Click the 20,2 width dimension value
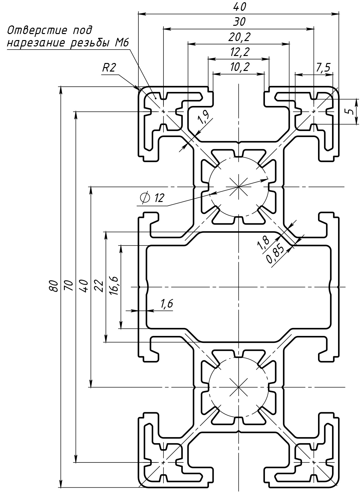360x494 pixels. pyautogui.click(x=239, y=38)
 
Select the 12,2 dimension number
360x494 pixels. pyautogui.click(x=239, y=52)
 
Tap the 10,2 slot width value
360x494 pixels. pyautogui.click(x=239, y=67)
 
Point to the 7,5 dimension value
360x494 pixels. pyautogui.click(x=323, y=68)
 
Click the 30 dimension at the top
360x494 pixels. pyautogui.click(x=239, y=22)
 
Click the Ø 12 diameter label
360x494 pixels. pyautogui.click(x=152, y=198)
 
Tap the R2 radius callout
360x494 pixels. pyautogui.click(x=109, y=68)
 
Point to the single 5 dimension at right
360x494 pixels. pyautogui.click(x=350, y=112)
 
